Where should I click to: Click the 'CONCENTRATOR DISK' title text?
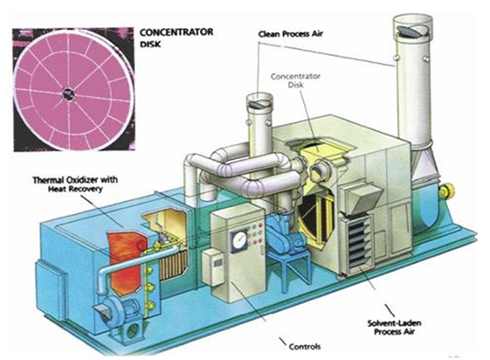[176, 38]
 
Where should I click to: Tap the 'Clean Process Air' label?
[291, 34]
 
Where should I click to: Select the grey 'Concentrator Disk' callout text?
[295, 80]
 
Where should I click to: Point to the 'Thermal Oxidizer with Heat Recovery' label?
[75, 184]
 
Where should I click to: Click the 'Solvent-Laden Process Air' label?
[395, 327]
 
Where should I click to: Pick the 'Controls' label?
[305, 346]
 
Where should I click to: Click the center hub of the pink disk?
[67, 93]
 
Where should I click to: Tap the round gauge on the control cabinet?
[239, 239]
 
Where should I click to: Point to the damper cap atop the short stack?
[259, 103]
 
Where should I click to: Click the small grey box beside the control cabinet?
[213, 267]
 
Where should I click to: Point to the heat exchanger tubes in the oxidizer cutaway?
[174, 264]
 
